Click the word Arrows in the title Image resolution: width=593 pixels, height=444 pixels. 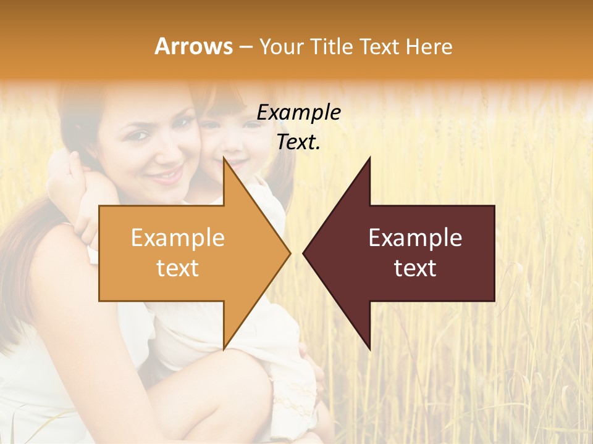pos(194,46)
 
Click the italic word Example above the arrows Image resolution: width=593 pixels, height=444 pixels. pos(299,113)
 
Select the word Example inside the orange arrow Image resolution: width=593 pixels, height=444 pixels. pos(178,238)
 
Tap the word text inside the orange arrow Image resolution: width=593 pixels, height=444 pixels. pos(178,268)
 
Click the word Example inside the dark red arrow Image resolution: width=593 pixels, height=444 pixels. pos(415,238)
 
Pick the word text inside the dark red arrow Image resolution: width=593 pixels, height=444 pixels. pos(415,268)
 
